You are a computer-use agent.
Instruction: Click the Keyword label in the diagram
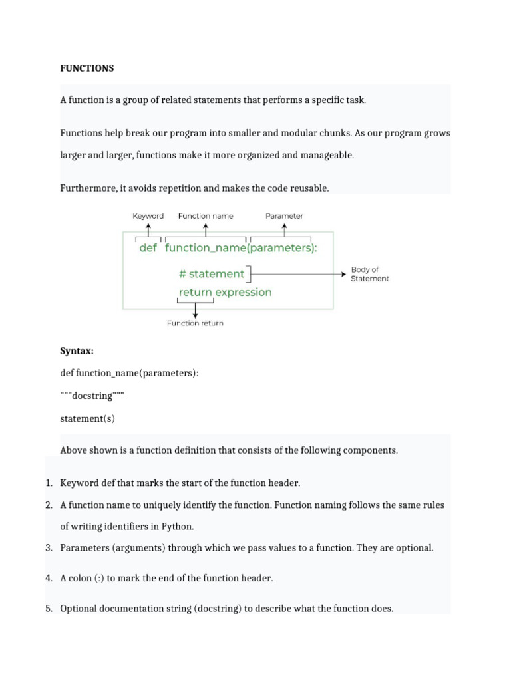tap(148, 216)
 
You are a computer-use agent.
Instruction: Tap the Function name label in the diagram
tap(206, 216)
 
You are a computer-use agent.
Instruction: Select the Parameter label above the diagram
tap(284, 216)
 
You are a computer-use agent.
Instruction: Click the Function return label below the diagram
tap(195, 323)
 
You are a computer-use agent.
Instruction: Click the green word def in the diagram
tap(148, 248)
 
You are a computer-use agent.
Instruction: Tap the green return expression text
tap(225, 292)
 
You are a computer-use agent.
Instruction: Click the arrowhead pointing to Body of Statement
tap(343, 273)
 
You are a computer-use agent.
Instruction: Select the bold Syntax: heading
tap(77, 352)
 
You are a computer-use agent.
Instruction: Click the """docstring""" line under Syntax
tap(92, 396)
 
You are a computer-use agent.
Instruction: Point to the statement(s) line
tap(87, 418)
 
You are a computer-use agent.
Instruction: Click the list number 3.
tap(49, 548)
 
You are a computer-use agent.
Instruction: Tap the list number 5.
tap(49, 609)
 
